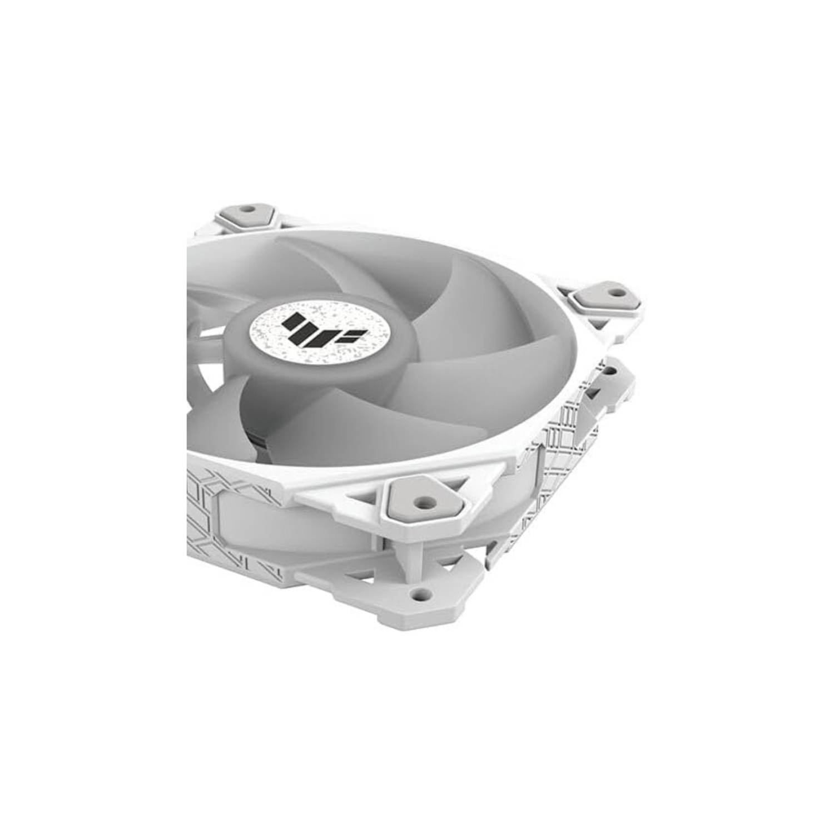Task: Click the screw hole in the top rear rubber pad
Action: [x=248, y=211]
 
